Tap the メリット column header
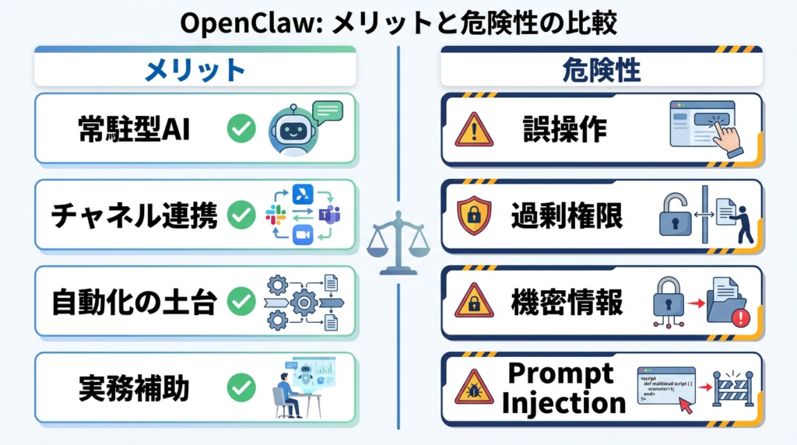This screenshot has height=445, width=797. point(195,71)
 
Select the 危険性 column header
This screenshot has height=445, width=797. point(601,71)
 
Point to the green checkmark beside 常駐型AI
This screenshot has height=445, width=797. point(241,129)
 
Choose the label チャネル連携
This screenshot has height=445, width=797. point(134,215)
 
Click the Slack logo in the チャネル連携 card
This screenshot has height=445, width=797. point(276,215)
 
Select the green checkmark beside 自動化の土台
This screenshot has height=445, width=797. point(241,301)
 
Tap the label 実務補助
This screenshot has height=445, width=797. point(134,387)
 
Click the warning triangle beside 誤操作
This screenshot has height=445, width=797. point(474,130)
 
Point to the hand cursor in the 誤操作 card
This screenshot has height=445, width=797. point(727,137)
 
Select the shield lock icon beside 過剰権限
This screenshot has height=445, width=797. point(474,215)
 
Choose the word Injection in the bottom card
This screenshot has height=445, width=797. point(564,403)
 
